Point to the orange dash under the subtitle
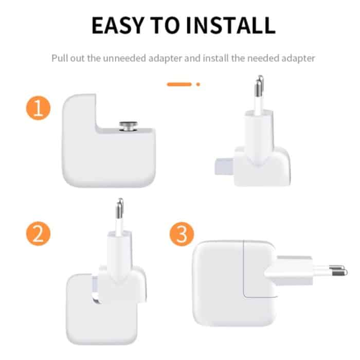click(179, 84)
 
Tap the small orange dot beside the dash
click(198, 84)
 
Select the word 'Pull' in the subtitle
click(60, 58)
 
